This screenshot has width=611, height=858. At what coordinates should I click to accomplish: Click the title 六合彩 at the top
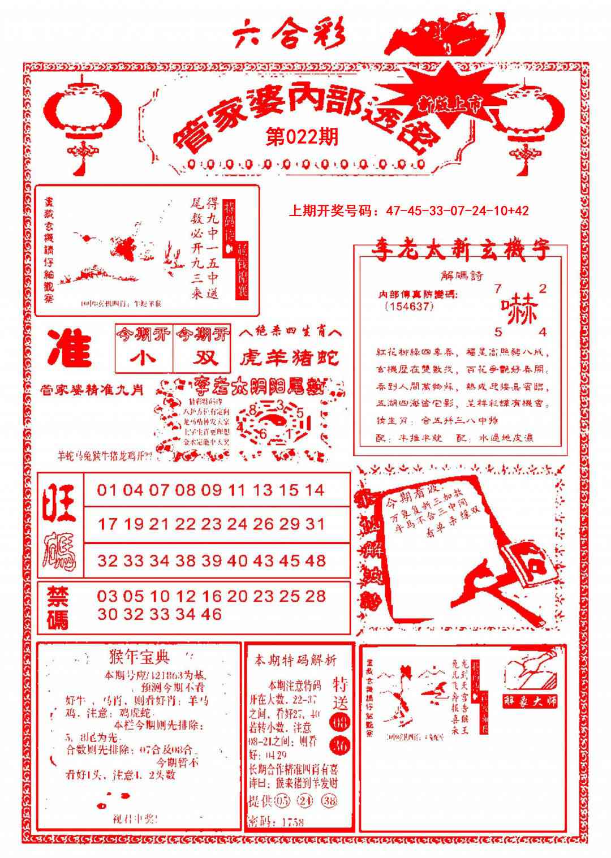point(289,35)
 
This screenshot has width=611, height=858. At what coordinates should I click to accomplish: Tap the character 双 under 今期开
point(202,358)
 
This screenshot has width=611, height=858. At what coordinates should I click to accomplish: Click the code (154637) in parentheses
point(408,307)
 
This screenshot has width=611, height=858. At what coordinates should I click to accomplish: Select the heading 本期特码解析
point(295,661)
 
